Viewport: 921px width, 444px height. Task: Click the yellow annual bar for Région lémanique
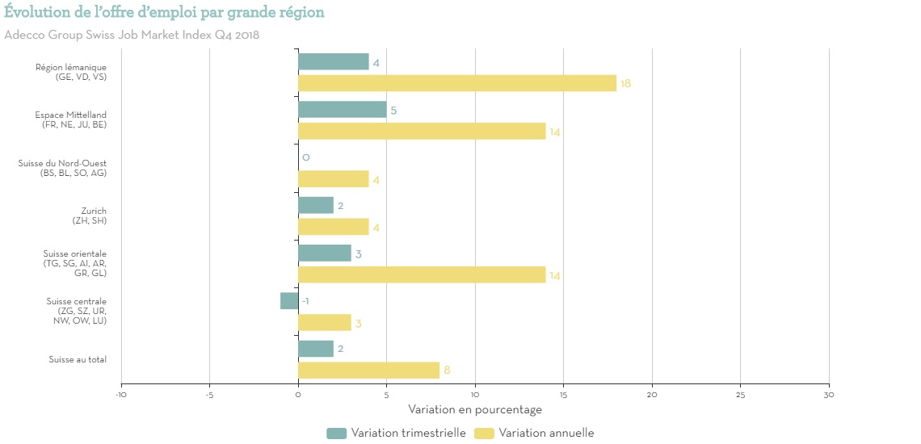pos(456,83)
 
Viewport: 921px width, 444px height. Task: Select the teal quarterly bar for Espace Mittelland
pos(342,110)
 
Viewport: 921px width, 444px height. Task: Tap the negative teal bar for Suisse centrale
pos(289,301)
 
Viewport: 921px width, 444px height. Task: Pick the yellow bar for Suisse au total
pos(368,371)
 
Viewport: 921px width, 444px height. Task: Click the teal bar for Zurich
pos(315,206)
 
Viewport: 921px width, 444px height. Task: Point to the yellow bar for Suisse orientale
pos(422,275)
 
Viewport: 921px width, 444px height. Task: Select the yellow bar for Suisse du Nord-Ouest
pos(333,179)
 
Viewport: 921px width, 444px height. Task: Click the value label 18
pos(625,84)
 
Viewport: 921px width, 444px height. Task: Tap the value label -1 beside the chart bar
pos(306,301)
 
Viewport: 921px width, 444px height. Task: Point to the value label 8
pos(447,371)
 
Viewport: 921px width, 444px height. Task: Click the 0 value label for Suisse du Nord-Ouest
pos(306,157)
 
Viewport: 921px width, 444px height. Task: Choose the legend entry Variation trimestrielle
pos(397,434)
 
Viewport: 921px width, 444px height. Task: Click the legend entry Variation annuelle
pos(536,434)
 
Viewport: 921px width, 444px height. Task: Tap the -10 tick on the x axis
pos(121,395)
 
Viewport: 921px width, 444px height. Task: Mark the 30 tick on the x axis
pos(829,395)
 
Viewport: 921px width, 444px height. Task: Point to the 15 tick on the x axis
pos(563,395)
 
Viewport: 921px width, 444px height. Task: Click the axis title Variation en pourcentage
pos(475,409)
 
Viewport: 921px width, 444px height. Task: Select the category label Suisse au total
pos(77,359)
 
